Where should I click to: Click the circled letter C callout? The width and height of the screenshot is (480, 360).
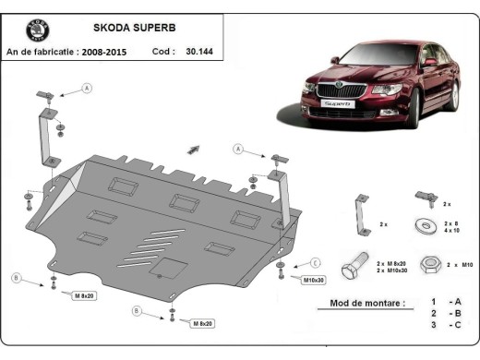pos(315,261)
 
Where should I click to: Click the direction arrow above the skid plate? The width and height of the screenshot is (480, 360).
pos(194,148)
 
